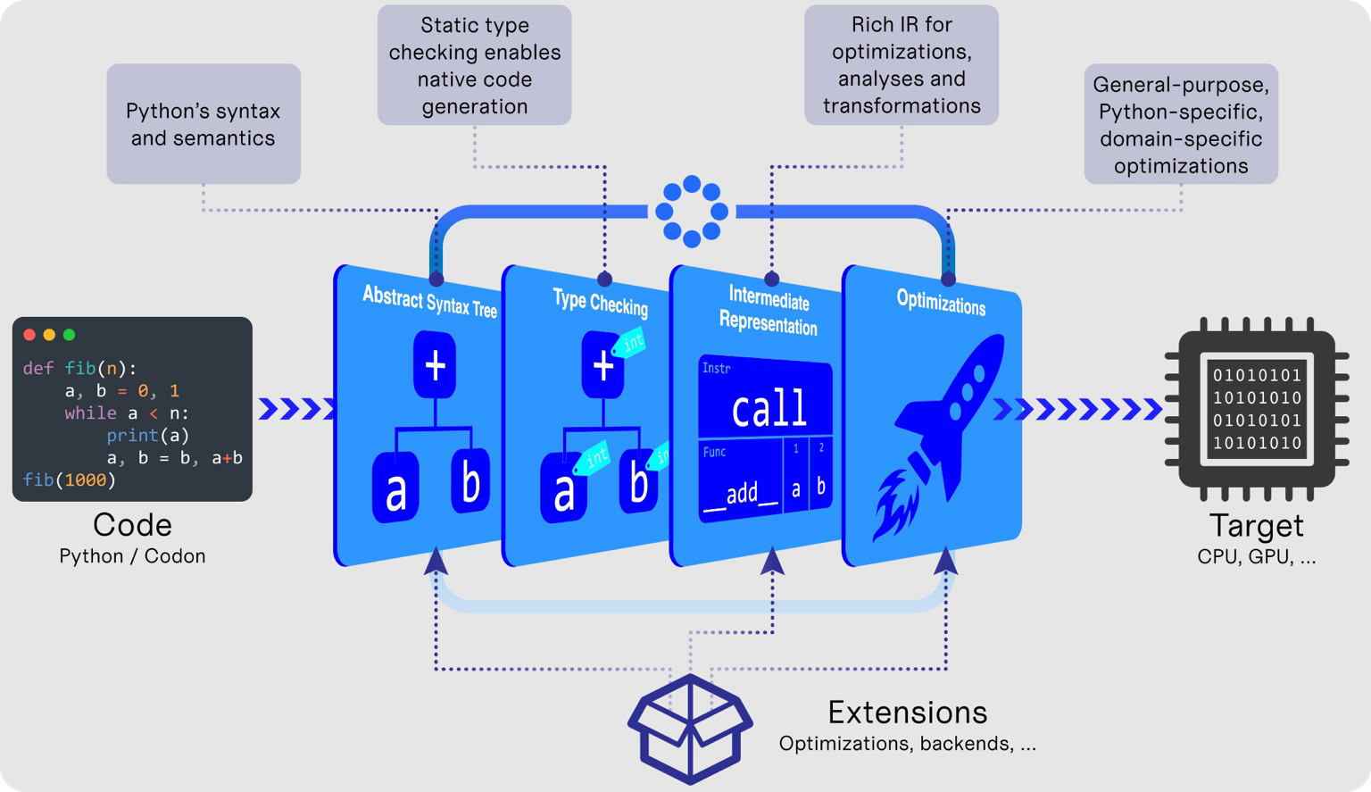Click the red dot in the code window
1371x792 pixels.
point(29,335)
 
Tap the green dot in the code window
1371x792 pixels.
point(70,335)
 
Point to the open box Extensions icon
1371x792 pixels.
point(690,728)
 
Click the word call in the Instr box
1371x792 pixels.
point(769,408)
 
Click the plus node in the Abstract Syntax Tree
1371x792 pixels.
point(435,365)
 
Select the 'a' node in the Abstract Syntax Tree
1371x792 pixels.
point(396,488)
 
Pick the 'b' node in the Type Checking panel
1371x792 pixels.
point(637,483)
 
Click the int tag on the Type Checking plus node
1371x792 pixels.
point(632,343)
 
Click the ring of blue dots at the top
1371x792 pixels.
point(692,212)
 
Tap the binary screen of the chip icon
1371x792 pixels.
point(1257,409)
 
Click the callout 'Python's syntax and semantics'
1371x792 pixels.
point(204,124)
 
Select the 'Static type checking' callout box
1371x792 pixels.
point(474,65)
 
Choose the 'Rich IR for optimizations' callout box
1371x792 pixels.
point(902,65)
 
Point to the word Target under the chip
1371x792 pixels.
point(1256,526)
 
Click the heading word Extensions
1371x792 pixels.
point(907,713)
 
